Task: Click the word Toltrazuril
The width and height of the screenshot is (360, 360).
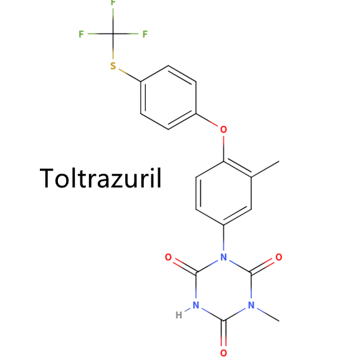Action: [100, 178]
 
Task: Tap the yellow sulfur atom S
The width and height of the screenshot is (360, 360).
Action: [113, 66]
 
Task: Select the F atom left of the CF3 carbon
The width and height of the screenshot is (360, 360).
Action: [81, 34]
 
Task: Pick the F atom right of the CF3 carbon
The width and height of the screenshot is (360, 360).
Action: [145, 34]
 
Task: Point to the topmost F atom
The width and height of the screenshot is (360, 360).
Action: [113, 2]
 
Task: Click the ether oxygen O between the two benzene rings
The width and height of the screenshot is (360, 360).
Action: [224, 130]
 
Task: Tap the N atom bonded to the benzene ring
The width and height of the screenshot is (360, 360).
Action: [224, 257]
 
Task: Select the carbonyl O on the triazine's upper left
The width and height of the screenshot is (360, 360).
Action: [168, 257]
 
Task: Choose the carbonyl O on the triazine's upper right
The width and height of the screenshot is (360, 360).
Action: [279, 257]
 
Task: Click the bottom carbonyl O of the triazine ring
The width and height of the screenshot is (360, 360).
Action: [224, 353]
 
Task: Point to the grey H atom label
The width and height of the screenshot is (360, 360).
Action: [179, 315]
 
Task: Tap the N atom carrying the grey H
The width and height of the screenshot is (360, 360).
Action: [196, 305]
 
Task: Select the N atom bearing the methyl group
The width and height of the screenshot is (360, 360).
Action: [252, 305]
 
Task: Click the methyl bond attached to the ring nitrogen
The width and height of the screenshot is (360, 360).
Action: [268, 315]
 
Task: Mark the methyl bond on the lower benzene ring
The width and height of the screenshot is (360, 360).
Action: [265, 169]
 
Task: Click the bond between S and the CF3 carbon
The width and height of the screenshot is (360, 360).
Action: [113, 46]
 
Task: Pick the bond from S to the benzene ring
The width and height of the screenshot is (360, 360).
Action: [130, 75]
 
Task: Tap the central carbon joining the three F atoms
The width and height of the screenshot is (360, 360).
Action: [113, 34]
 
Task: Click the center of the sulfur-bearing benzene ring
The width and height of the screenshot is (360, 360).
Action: [168, 98]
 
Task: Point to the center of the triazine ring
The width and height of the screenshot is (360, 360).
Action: [224, 289]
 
